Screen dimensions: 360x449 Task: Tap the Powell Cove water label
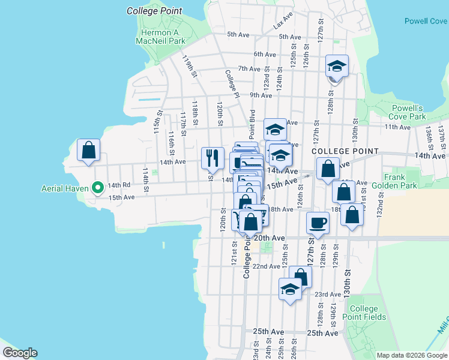[425, 20]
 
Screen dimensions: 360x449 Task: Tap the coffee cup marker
[318, 223]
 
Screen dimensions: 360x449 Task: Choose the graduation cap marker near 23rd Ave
[291, 289]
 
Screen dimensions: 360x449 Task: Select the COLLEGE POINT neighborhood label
[345, 151]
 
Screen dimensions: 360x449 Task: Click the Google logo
[20, 353]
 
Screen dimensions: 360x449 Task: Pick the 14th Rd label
[114, 186]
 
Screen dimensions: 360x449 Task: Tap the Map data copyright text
[412, 355]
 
